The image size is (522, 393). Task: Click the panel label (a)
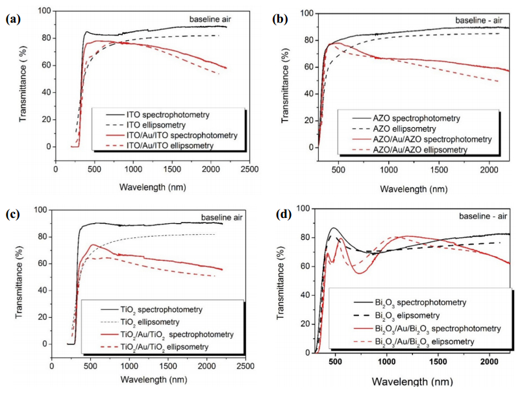12,19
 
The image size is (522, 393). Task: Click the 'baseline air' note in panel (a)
209,19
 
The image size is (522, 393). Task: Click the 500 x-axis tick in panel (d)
335,361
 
